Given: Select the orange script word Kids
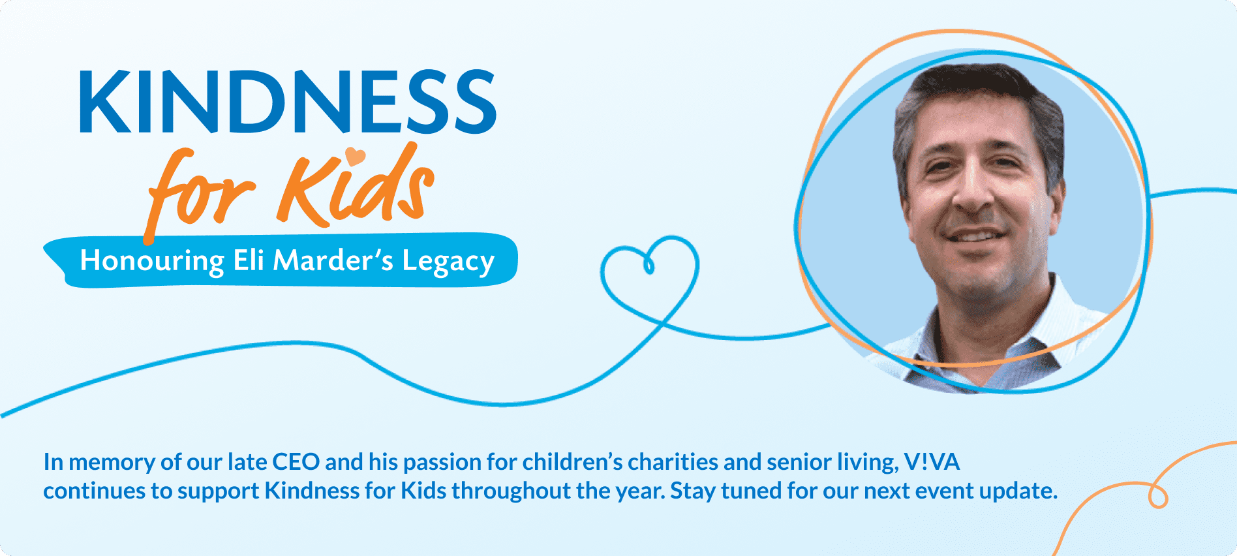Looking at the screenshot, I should [356, 189].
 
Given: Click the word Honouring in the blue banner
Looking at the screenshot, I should [151, 261].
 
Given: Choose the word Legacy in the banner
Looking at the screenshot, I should [448, 261].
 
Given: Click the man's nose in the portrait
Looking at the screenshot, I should [972, 189].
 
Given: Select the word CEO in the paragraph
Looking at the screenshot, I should [296, 462].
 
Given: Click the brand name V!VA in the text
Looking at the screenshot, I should [932, 462].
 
